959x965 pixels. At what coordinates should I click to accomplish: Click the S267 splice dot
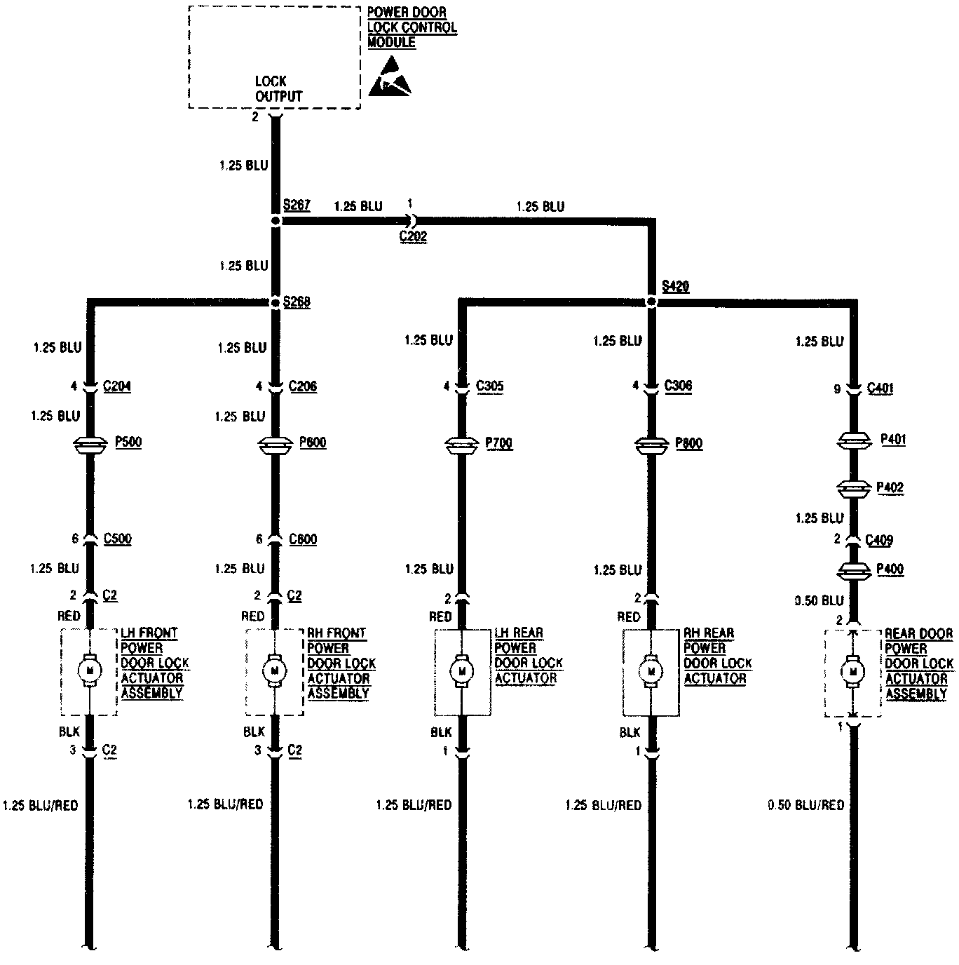[276, 220]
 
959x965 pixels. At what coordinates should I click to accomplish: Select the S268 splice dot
[276, 303]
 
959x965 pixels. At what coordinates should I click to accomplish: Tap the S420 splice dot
[651, 302]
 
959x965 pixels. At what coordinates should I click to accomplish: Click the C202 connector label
[413, 236]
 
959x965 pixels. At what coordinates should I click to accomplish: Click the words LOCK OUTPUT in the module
[278, 89]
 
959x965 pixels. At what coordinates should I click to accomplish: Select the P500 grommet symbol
[89, 444]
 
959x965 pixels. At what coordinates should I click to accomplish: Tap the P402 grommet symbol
[853, 488]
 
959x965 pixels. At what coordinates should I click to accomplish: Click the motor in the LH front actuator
[89, 670]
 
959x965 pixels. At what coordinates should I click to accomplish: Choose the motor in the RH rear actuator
[651, 671]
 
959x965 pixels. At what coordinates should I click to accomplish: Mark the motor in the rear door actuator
[853, 672]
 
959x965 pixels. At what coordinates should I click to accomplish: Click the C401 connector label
[880, 388]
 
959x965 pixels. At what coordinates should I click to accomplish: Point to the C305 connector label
[489, 386]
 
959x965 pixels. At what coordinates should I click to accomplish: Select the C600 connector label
[303, 539]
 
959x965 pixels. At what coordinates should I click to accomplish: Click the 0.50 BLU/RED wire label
[805, 805]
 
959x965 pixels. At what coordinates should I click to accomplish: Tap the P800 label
[688, 444]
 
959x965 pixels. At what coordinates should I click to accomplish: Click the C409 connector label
[879, 540]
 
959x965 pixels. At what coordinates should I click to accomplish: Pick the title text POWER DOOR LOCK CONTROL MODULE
[412, 27]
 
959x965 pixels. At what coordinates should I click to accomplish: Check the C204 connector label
[116, 386]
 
